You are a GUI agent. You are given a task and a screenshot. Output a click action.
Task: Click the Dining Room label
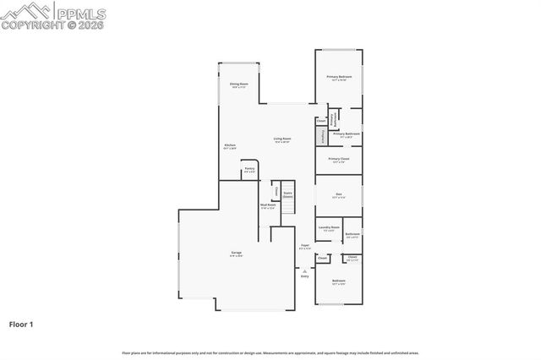(x=238, y=85)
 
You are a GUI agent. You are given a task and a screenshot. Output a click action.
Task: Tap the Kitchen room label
(x=229, y=146)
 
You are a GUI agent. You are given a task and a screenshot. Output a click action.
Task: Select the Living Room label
(x=281, y=139)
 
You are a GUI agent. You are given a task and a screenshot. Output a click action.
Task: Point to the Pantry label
(x=249, y=169)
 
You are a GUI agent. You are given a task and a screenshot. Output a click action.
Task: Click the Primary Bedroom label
(x=339, y=78)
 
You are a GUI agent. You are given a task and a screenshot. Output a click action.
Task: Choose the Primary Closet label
(x=339, y=160)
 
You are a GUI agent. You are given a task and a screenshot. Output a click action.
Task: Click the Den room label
(x=338, y=194)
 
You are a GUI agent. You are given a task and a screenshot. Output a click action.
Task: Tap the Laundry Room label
(x=329, y=228)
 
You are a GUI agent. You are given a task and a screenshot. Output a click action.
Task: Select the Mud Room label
(x=268, y=205)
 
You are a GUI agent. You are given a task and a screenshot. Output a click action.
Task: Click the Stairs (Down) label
(x=287, y=194)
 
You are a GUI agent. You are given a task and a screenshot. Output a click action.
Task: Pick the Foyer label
(x=304, y=247)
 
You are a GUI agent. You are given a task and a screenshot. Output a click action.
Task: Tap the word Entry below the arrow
(x=304, y=276)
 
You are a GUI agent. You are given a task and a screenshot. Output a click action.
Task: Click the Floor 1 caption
(x=22, y=324)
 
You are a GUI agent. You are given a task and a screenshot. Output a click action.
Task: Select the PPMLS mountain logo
(x=25, y=12)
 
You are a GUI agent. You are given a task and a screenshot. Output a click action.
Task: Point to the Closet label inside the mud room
(x=276, y=191)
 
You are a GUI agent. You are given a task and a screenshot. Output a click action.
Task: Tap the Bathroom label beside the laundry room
(x=352, y=234)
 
